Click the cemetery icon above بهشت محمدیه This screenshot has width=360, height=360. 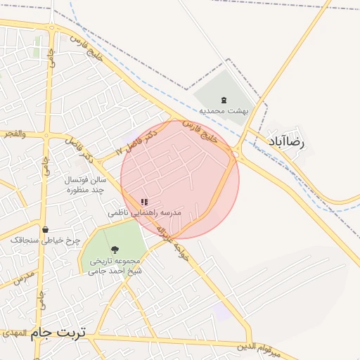coord(224,101)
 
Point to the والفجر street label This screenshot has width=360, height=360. coord(14,133)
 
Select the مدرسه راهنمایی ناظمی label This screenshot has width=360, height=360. coord(146,212)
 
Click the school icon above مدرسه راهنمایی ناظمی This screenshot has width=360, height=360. coord(145,202)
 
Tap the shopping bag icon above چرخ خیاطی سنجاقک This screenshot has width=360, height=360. coord(46,229)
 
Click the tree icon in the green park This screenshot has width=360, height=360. coord(115,250)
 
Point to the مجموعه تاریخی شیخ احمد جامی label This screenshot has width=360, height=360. coord(115,265)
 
